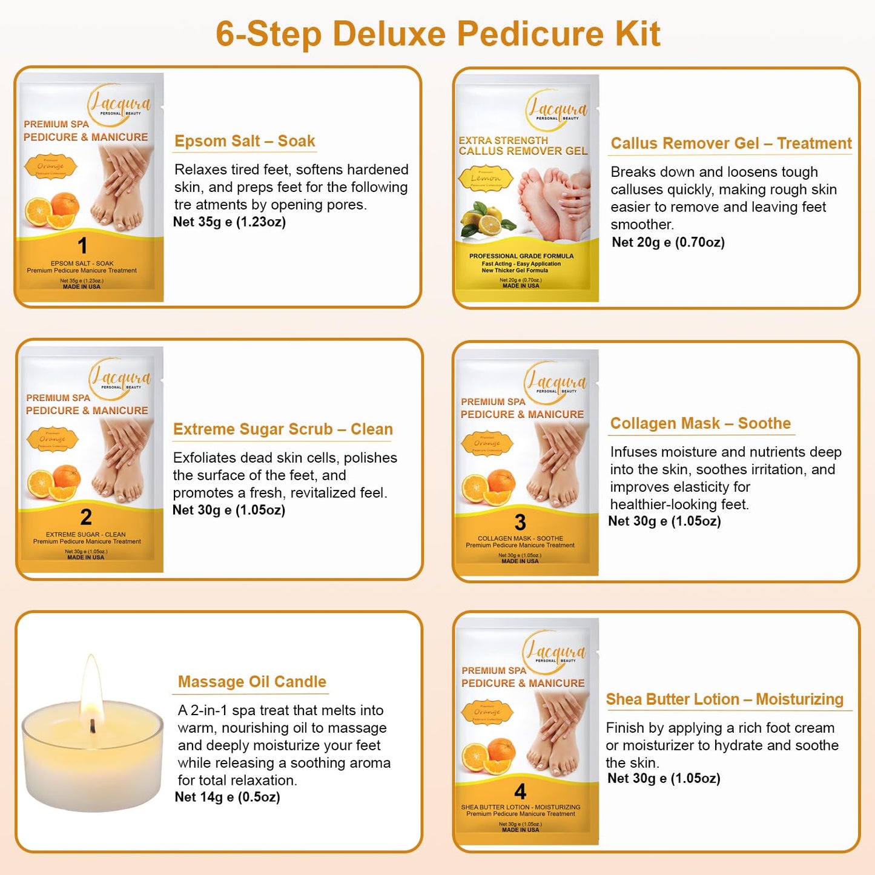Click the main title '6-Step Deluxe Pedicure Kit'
pos(437,34)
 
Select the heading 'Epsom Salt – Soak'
pos(245,141)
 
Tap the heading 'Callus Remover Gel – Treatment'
pos(730,144)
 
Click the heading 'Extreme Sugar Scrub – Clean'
pos(283,429)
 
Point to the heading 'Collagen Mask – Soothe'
pos(700,423)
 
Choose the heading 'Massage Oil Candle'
pos(252,682)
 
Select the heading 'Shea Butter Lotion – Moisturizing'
pos(724,699)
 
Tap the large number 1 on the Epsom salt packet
pos(82,246)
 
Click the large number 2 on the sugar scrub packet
pos(86,517)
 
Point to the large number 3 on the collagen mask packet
pos(520,522)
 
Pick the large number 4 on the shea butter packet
pos(520,791)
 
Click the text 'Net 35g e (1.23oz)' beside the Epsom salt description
pos(229,222)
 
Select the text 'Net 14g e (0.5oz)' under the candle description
pos(227,797)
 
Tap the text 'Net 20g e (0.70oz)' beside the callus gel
pos(668,242)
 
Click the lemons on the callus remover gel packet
pos(483,220)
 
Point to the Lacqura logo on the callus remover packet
pos(556,110)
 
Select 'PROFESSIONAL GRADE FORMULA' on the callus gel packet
pos(521,256)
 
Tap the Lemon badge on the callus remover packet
pos(486,179)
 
